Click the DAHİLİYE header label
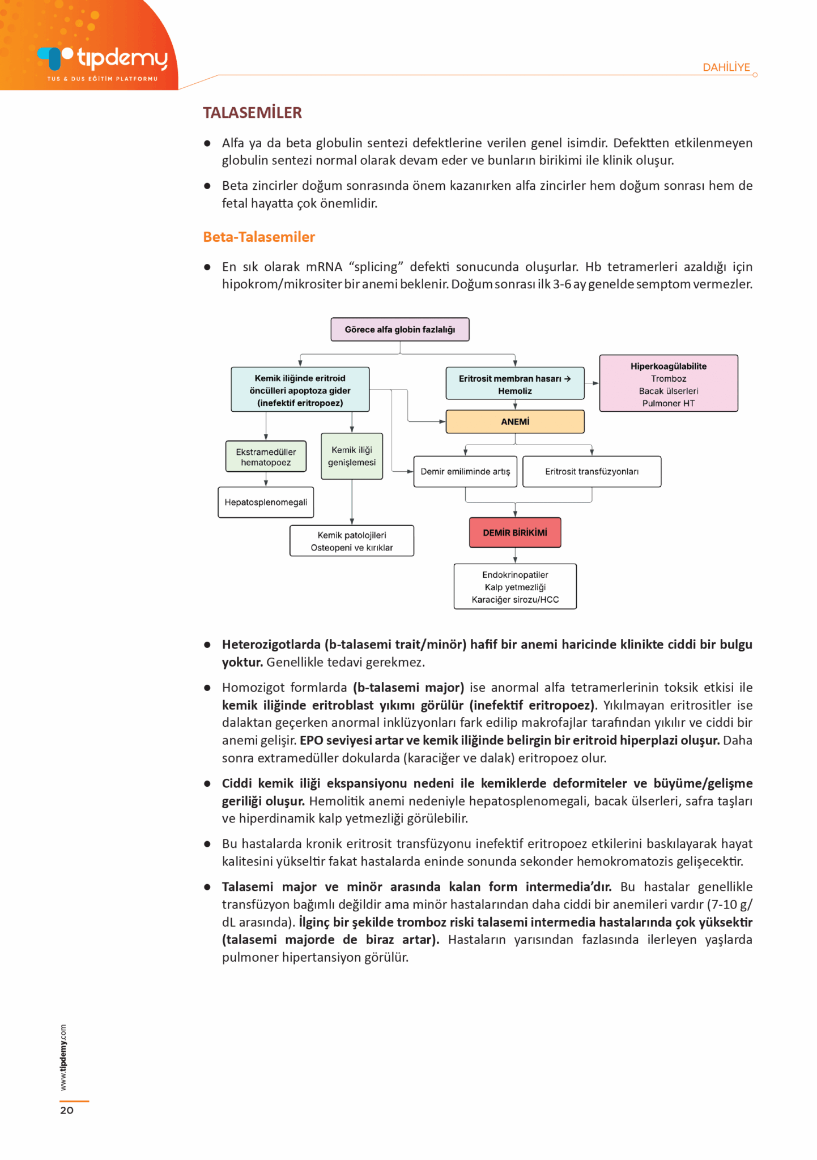pyautogui.click(x=726, y=67)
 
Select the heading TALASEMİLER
pyautogui.click(x=252, y=113)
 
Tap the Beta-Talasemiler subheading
pyautogui.click(x=259, y=237)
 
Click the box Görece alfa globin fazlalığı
pyautogui.click(x=399, y=330)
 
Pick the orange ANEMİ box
pyautogui.click(x=514, y=422)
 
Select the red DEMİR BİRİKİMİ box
pyautogui.click(x=514, y=532)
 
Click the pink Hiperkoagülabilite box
pyautogui.click(x=668, y=383)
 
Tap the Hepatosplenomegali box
pyautogui.click(x=266, y=502)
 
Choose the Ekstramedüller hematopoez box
pyautogui.click(x=266, y=457)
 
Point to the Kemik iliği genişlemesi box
pyautogui.click(x=351, y=456)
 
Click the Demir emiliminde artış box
pyautogui.click(x=465, y=471)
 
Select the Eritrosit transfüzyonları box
pyautogui.click(x=591, y=471)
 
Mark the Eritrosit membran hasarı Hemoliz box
pyautogui.click(x=514, y=384)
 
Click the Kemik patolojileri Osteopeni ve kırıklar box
pyautogui.click(x=351, y=541)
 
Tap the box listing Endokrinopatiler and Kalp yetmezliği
pyautogui.click(x=514, y=587)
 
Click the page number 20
pyautogui.click(x=67, y=1110)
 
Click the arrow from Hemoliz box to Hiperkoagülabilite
pyautogui.click(x=592, y=383)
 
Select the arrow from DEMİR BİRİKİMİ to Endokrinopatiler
pyautogui.click(x=515, y=556)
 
